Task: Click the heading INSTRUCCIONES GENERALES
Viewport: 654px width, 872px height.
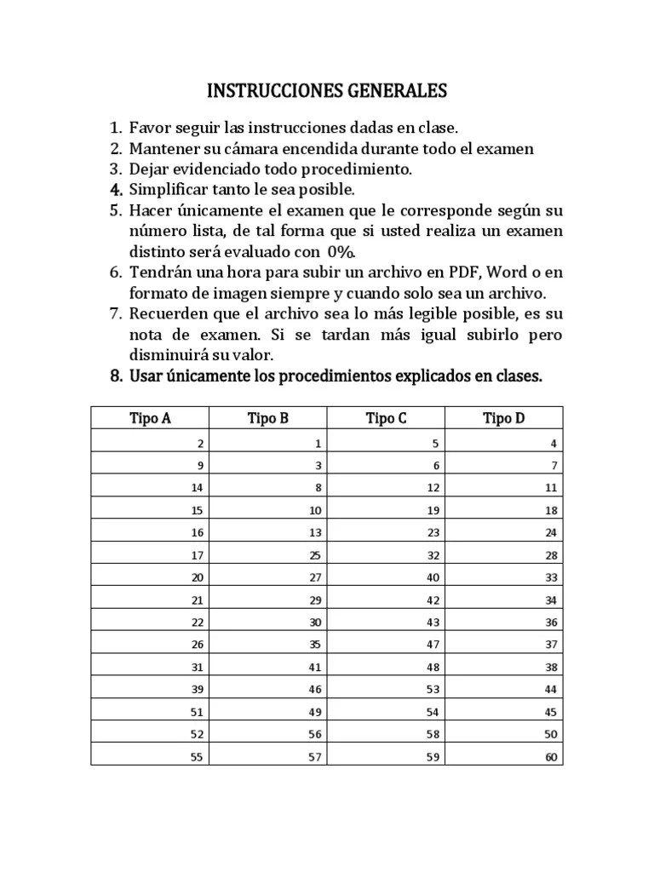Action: click(x=327, y=91)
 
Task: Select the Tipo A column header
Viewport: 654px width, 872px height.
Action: click(x=150, y=418)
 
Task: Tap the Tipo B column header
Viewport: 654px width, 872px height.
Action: click(x=268, y=418)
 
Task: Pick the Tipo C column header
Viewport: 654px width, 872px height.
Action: click(x=386, y=418)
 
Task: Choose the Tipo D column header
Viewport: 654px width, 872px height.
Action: click(x=503, y=418)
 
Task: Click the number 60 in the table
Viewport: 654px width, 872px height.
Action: click(x=550, y=756)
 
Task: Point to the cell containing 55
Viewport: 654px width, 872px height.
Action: click(x=197, y=756)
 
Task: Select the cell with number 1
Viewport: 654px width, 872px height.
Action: click(x=318, y=444)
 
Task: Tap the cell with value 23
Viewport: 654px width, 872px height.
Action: click(x=433, y=532)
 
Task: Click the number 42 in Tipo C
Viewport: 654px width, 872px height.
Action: click(x=433, y=599)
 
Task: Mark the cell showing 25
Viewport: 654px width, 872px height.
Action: click(x=315, y=555)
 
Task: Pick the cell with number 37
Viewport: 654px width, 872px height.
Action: click(x=550, y=644)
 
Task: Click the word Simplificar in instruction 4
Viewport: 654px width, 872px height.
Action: click(x=168, y=189)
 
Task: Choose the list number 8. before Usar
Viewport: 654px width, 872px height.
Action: click(x=117, y=376)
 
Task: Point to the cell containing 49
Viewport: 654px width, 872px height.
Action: click(x=315, y=712)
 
